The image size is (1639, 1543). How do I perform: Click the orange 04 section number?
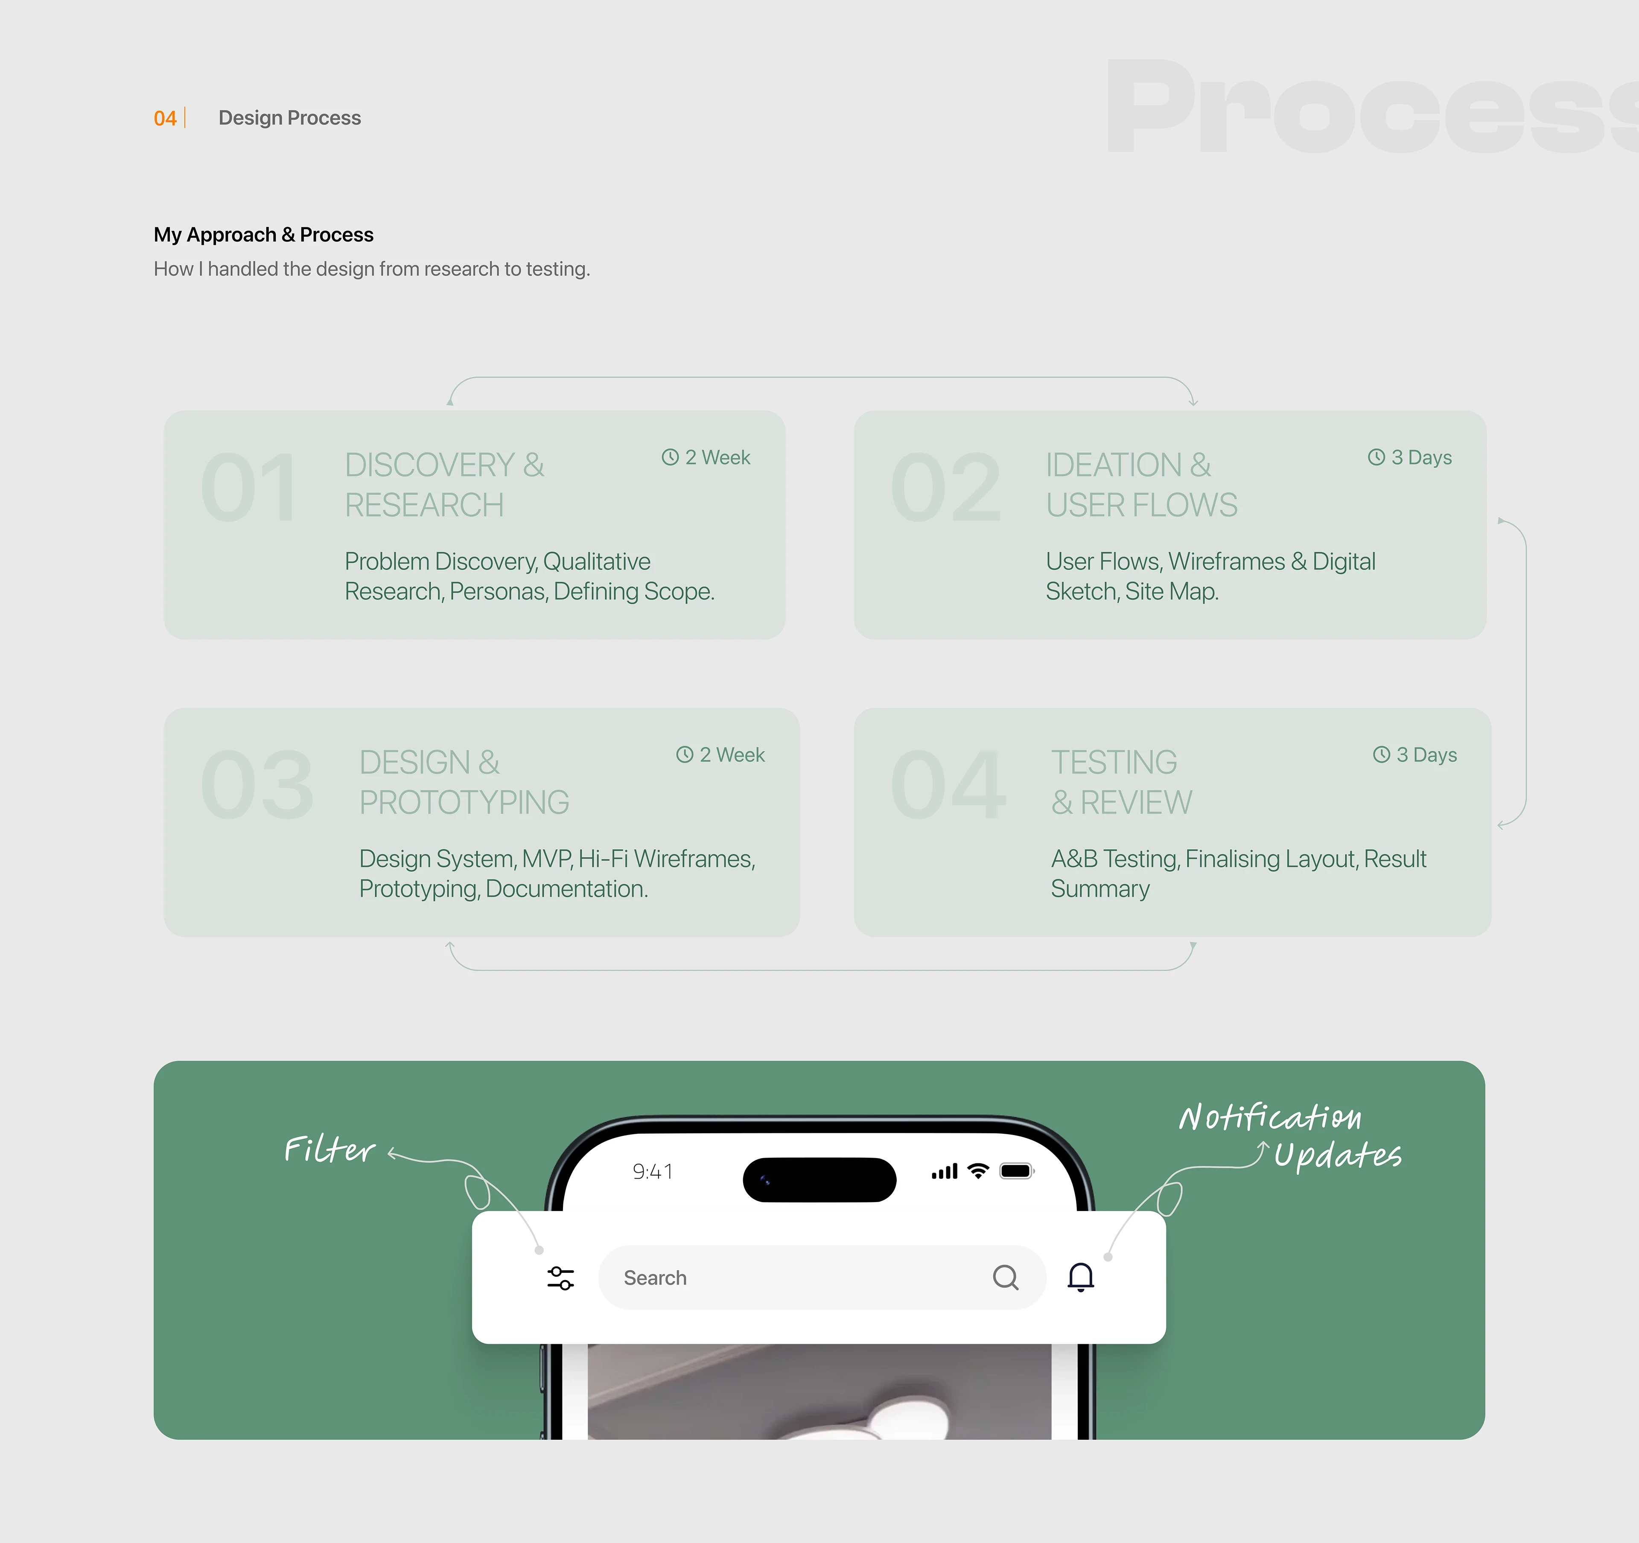click(x=165, y=118)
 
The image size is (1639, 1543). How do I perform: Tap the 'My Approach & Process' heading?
click(x=263, y=235)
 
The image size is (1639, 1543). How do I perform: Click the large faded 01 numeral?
click(x=249, y=488)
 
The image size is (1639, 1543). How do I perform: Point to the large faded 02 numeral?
click(x=946, y=488)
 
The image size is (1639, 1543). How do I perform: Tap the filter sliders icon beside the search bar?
click(x=560, y=1278)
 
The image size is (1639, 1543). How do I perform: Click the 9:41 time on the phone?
click(x=652, y=1171)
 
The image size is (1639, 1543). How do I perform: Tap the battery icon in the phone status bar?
click(x=1017, y=1171)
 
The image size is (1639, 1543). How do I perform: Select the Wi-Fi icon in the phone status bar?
click(x=978, y=1170)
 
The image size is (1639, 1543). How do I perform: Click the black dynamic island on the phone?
click(x=819, y=1179)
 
